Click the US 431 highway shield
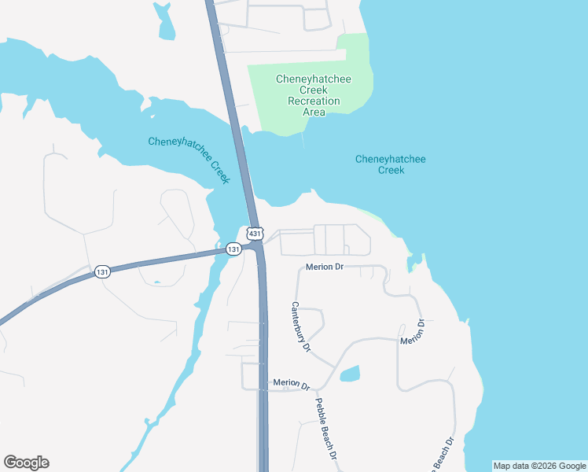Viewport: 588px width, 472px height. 254,234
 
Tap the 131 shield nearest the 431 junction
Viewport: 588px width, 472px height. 233,249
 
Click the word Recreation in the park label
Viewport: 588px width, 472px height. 314,101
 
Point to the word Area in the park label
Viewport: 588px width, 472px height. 314,112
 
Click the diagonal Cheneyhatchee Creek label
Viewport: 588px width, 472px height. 189,160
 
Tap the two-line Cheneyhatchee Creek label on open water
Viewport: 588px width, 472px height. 391,164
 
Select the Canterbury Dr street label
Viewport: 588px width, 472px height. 302,327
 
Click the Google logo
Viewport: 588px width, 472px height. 26,463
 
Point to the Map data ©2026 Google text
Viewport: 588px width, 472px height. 539,466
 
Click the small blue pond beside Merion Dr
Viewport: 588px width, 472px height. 351,374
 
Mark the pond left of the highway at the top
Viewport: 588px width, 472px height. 164,22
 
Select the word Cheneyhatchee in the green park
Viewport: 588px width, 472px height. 314,79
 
